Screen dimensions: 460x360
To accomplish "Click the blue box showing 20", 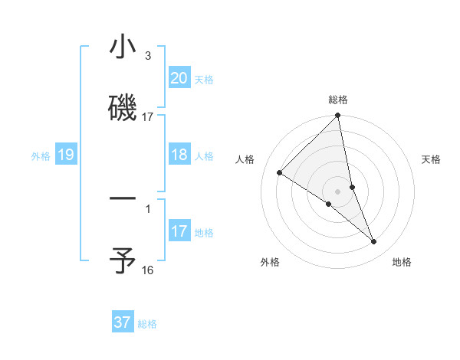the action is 179,78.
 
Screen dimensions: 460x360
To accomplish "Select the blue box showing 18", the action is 179,155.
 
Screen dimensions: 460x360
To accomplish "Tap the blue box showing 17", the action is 179,231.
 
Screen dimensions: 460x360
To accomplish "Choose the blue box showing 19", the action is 65,155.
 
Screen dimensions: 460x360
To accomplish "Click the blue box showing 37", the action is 122,322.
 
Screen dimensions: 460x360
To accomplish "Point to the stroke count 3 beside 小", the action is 148,56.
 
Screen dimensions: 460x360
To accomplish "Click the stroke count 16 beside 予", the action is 148,270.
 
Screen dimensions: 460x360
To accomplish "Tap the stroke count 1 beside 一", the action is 148,208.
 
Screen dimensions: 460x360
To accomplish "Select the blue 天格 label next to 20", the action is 204,80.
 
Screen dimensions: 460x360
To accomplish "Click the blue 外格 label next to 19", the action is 41,156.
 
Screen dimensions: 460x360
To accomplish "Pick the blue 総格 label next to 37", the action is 147,324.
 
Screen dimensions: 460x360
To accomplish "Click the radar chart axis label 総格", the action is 338,100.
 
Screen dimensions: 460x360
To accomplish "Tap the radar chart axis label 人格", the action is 245,159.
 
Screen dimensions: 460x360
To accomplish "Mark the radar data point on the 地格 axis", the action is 374,242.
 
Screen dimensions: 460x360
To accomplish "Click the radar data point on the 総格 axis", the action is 338,116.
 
